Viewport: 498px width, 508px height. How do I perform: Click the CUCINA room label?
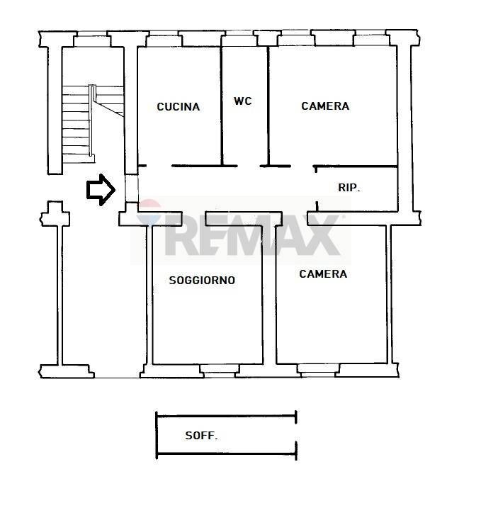coord(179,106)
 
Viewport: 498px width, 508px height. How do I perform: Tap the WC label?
coord(243,101)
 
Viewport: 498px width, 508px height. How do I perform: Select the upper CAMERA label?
coord(325,106)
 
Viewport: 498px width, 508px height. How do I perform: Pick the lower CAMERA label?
coord(323,273)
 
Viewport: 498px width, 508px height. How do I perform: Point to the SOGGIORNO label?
coord(202,281)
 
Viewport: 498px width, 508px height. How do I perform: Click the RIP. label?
coord(349,187)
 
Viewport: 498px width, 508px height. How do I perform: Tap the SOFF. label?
coord(201,436)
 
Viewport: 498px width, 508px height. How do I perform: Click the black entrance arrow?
coord(101,190)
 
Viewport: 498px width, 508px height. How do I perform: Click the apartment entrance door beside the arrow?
coord(131,189)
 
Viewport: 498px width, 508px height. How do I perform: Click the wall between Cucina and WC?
coord(222,106)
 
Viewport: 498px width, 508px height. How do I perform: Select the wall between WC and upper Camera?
coord(268,106)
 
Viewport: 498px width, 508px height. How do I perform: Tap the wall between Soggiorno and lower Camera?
coord(269,294)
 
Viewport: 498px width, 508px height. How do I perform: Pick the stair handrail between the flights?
coord(92,120)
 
